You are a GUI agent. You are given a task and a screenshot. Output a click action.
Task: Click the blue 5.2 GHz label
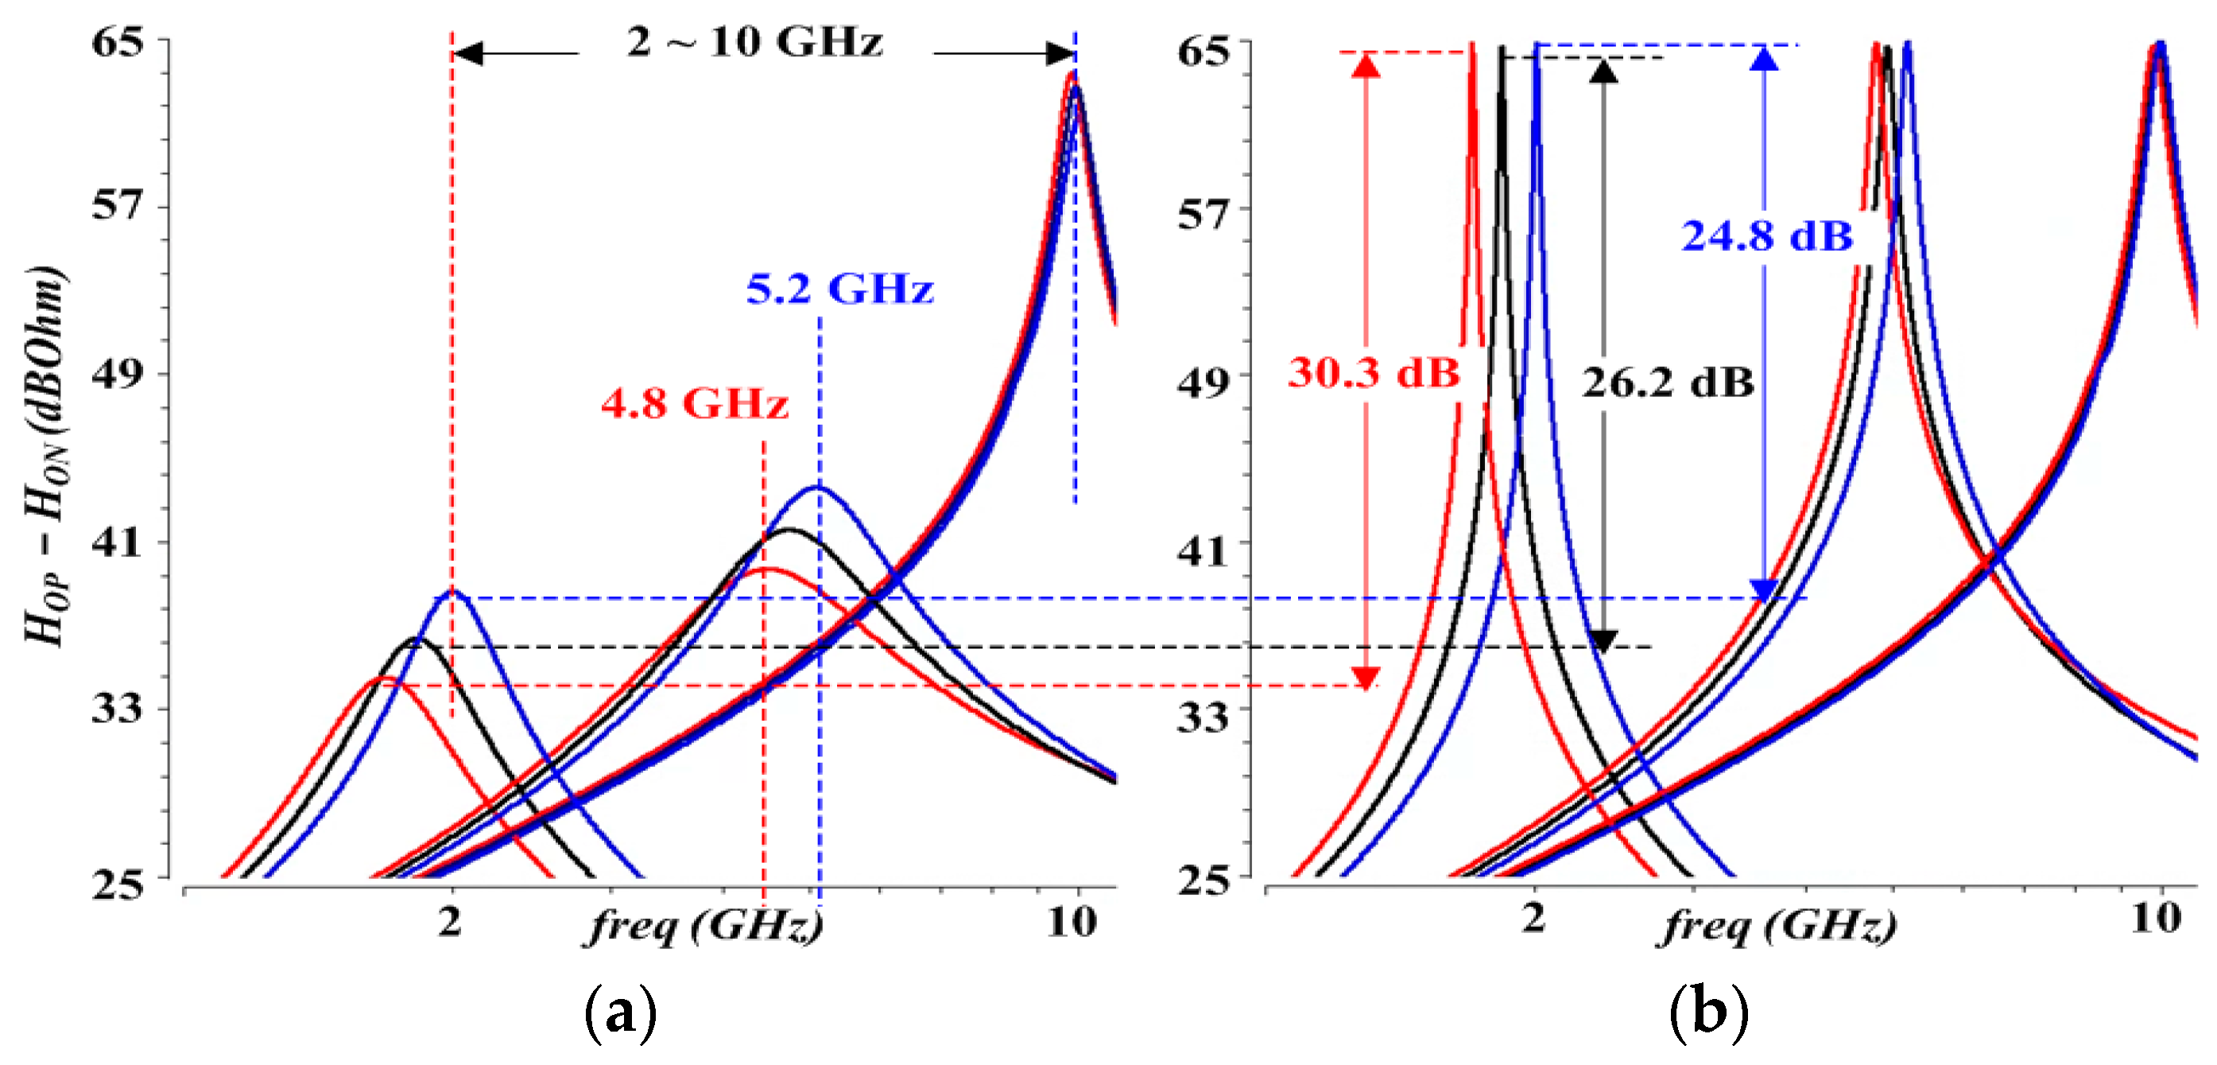click(839, 289)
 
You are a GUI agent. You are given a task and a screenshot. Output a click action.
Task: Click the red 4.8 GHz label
click(694, 403)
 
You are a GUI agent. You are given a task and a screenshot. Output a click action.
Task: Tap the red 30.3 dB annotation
click(1374, 373)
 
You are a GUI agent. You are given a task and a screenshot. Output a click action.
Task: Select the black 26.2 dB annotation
click(1667, 383)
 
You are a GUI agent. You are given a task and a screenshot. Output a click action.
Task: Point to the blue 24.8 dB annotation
click(1767, 236)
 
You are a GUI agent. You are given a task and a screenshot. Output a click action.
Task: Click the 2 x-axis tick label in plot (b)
click(1533, 919)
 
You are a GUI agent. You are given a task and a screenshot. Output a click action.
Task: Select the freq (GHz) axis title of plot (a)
click(704, 927)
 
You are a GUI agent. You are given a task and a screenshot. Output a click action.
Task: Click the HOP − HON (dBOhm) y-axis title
click(45, 457)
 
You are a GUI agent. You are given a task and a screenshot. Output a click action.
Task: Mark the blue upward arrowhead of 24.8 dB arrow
click(1765, 59)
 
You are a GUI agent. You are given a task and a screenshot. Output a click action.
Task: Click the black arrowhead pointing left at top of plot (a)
click(467, 53)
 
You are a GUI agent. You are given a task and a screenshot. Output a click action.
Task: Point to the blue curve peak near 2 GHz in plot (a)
click(451, 591)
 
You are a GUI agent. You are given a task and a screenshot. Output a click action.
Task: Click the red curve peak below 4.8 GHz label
click(765, 569)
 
